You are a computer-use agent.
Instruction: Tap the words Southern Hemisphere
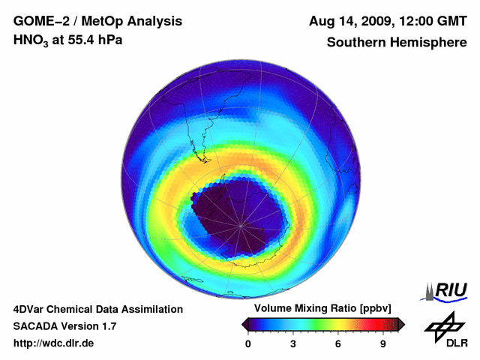[396, 42]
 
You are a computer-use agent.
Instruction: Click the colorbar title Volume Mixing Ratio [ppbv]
[323, 309]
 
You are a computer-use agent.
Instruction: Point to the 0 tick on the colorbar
[248, 343]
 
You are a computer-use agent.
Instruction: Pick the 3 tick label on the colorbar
[293, 343]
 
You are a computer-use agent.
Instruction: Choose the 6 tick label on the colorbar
[338, 343]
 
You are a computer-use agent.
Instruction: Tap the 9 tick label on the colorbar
[383, 343]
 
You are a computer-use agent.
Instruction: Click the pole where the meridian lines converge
[241, 224]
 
